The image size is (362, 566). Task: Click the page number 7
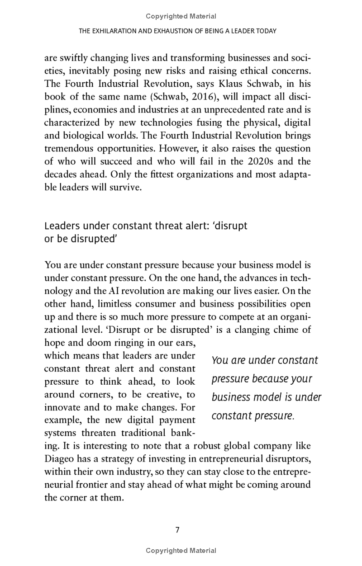(177, 530)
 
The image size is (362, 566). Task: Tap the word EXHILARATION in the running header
(118, 31)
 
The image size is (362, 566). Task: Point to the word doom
(97, 343)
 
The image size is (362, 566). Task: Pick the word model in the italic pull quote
(266, 397)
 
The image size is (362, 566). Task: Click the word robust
(208, 446)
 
